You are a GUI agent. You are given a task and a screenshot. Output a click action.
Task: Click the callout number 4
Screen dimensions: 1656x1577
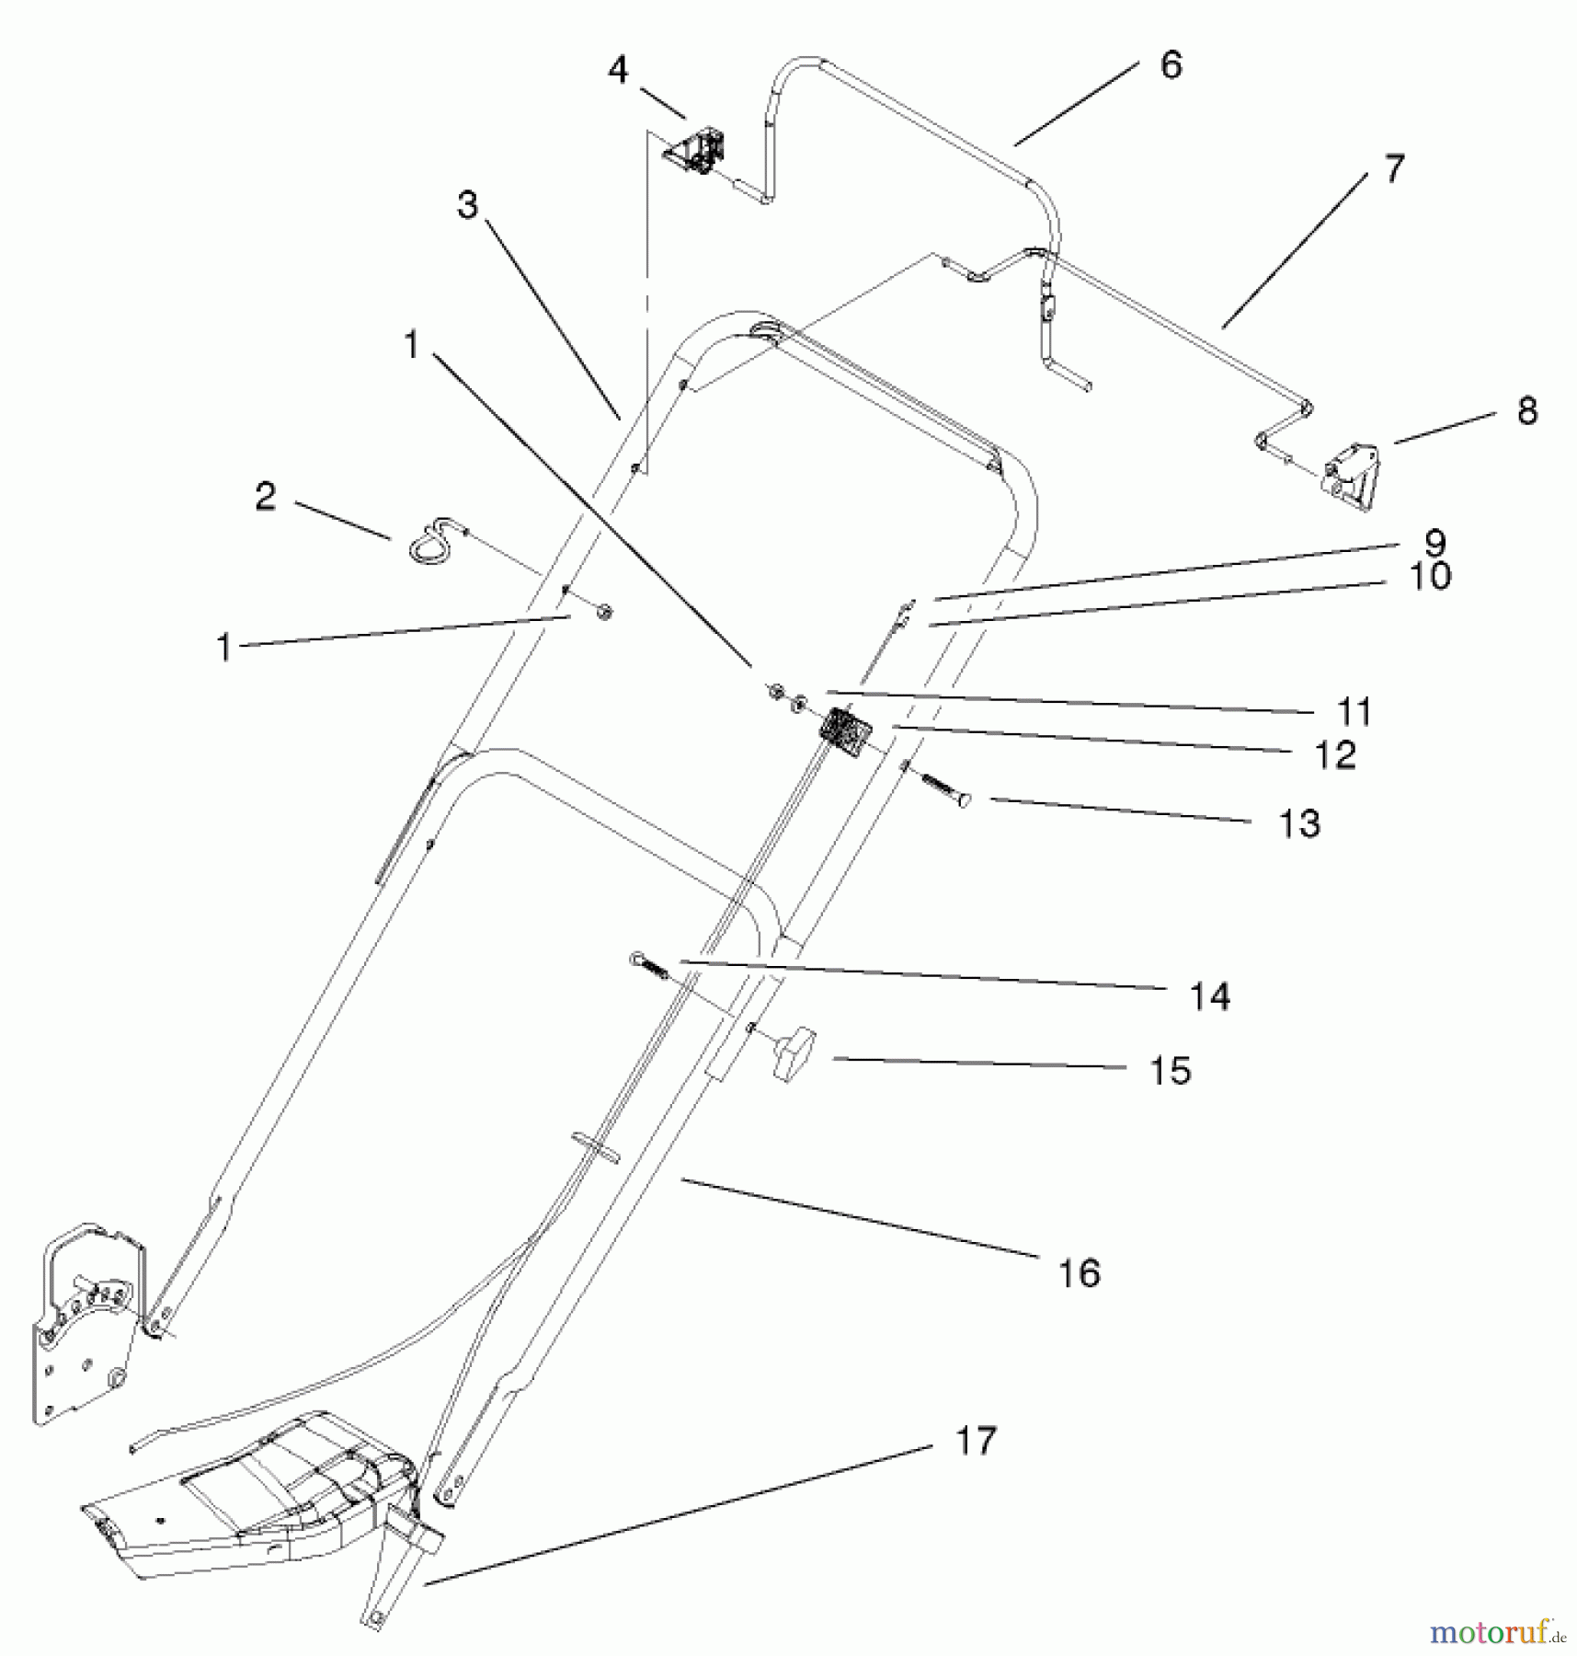coord(618,69)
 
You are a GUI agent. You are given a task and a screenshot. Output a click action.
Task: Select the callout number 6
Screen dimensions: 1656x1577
coord(1171,65)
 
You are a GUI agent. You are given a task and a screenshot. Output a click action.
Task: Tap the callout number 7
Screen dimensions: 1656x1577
coord(1394,169)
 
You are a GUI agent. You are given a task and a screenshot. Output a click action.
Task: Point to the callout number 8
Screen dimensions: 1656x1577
coord(1526,411)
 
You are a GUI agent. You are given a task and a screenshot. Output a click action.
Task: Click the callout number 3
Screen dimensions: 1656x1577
coord(468,204)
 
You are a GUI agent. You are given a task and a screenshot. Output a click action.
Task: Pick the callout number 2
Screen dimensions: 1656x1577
coord(266,497)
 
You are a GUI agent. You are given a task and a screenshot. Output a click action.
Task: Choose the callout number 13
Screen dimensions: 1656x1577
coord(1299,823)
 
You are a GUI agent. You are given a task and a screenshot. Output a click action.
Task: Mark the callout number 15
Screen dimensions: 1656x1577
coord(1171,1071)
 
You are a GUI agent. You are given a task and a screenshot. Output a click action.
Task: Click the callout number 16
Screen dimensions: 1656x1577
coord(1079,1273)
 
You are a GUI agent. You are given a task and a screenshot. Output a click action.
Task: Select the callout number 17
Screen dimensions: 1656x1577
coord(976,1441)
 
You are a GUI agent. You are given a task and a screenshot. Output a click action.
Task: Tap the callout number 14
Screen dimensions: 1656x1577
coord(1210,995)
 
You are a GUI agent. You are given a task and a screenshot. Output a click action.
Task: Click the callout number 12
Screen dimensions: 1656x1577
coord(1335,755)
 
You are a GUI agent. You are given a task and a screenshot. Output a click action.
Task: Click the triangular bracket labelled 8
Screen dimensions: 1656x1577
coord(1353,475)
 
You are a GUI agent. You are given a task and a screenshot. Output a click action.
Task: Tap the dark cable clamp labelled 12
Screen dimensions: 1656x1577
coord(845,731)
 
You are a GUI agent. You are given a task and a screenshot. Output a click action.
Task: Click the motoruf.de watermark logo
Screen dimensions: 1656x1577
coord(1496,1633)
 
